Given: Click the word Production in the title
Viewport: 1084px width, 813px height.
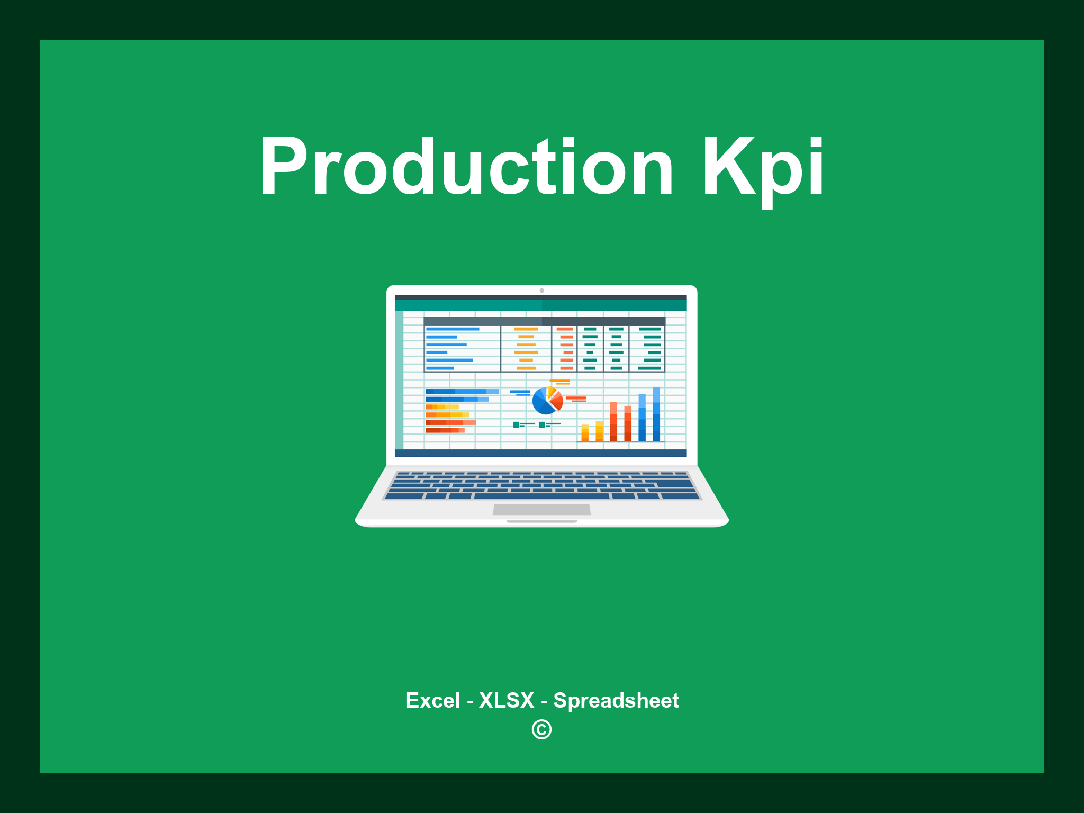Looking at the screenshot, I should pyautogui.click(x=466, y=167).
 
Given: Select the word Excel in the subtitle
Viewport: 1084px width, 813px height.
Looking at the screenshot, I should pyautogui.click(x=432, y=700).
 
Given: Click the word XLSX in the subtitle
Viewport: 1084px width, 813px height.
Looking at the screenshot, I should pyautogui.click(x=507, y=700).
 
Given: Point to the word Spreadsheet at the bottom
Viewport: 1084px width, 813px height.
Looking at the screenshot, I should pyautogui.click(x=616, y=700).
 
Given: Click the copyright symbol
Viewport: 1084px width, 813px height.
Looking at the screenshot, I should pyautogui.click(x=541, y=729).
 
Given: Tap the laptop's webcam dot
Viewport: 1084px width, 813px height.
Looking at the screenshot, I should pyautogui.click(x=541, y=291).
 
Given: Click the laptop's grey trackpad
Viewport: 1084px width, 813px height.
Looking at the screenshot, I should pyautogui.click(x=541, y=509).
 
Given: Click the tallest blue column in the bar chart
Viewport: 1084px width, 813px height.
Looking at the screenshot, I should pyautogui.click(x=656, y=414).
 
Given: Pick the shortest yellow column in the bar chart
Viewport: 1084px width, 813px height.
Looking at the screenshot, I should pyautogui.click(x=585, y=432).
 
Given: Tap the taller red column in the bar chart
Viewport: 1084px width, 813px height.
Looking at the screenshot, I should pyautogui.click(x=613, y=421).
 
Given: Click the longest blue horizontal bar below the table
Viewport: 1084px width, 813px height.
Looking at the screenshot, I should pyautogui.click(x=462, y=392).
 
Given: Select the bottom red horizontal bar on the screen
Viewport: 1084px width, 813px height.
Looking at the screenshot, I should pyautogui.click(x=445, y=430).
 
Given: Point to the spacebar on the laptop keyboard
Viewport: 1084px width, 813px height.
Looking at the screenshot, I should pyautogui.click(x=541, y=496).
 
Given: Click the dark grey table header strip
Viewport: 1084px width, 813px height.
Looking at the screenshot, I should pyautogui.click(x=544, y=321).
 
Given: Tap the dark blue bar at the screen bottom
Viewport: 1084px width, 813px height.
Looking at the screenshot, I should pyautogui.click(x=540, y=453).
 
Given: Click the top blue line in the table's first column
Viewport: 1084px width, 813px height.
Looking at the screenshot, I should pyautogui.click(x=453, y=329).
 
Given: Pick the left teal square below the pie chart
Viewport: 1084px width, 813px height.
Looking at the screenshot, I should pyautogui.click(x=516, y=424).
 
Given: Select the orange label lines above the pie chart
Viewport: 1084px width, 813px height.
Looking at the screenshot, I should pyautogui.click(x=559, y=382).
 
